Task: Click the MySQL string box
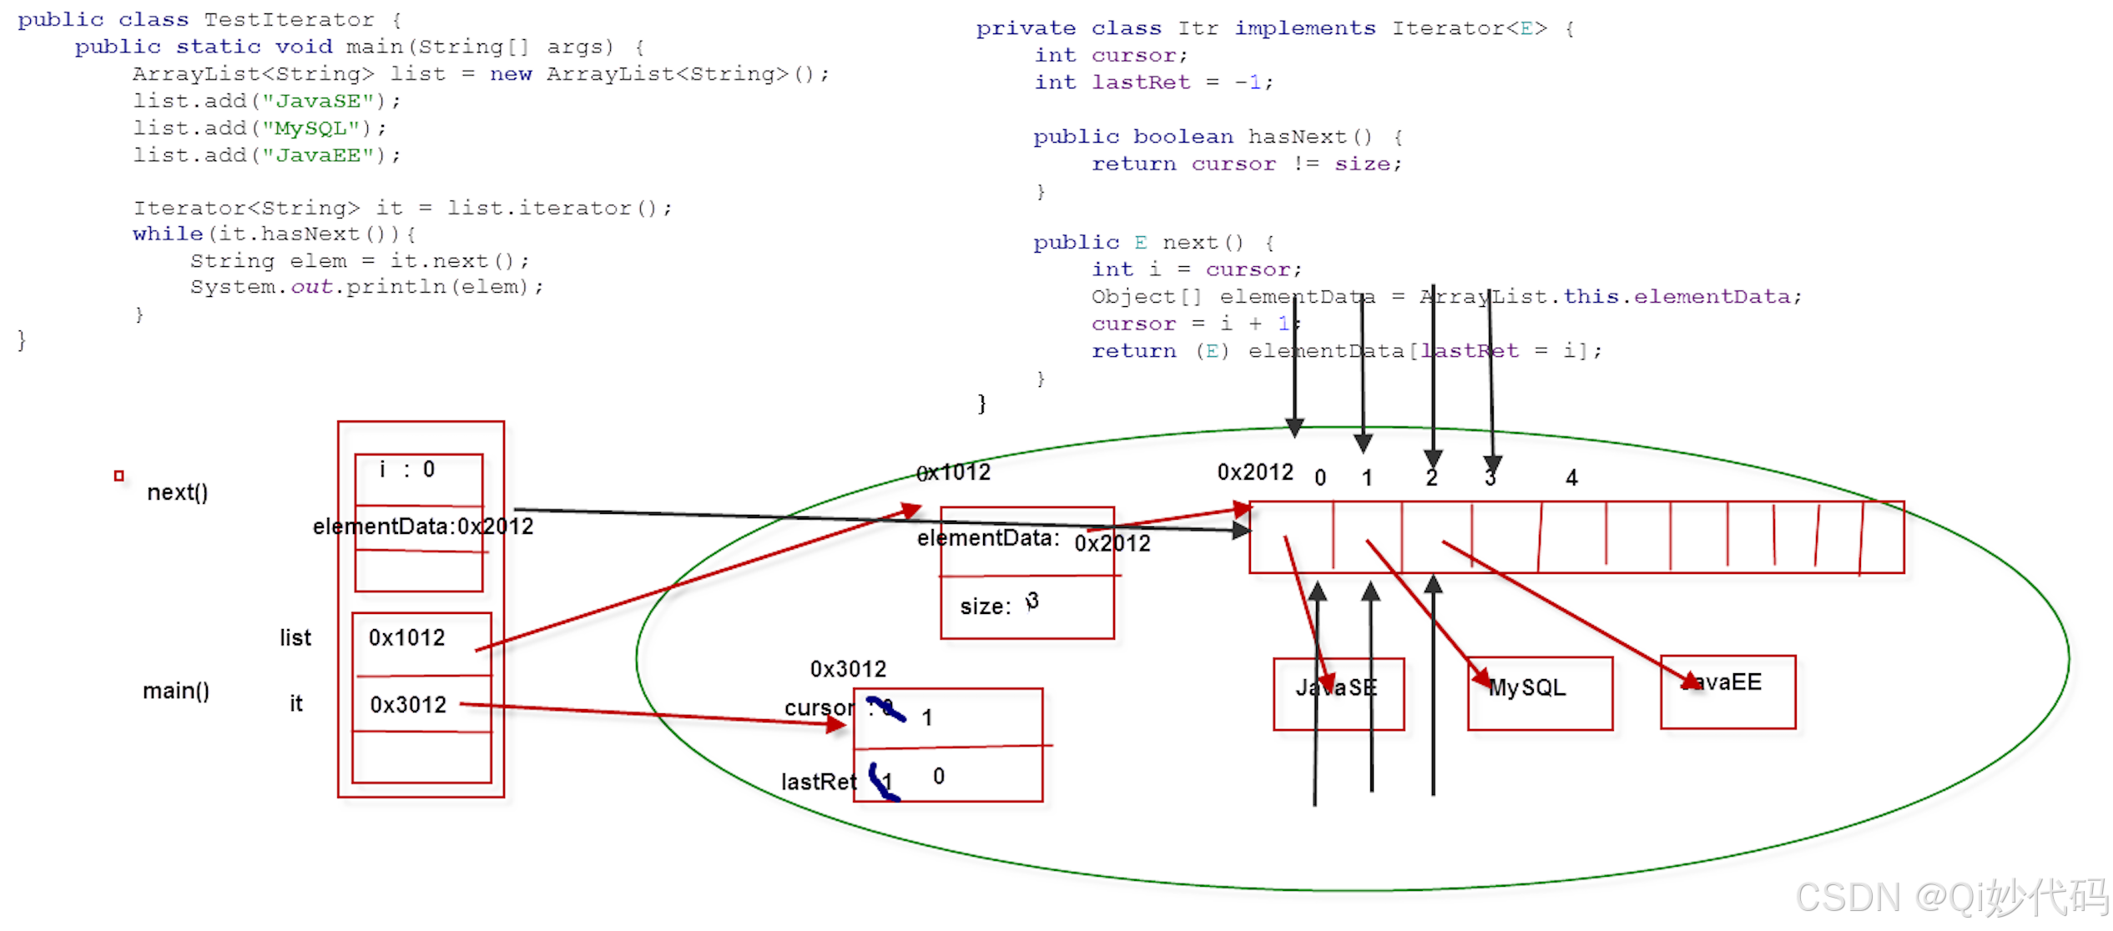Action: [1539, 692]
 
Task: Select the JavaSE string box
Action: [1338, 693]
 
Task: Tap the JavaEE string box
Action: [1727, 691]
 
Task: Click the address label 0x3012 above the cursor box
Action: [848, 669]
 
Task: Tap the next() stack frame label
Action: [177, 492]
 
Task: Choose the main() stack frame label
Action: [175, 691]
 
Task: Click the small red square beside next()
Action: [119, 476]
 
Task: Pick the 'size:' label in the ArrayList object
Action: [985, 606]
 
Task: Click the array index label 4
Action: [1571, 478]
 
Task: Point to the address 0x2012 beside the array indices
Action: [1254, 472]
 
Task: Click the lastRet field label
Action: [818, 782]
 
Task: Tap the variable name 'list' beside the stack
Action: [295, 638]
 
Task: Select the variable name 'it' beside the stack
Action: [295, 704]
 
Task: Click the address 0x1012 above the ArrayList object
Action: [953, 473]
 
